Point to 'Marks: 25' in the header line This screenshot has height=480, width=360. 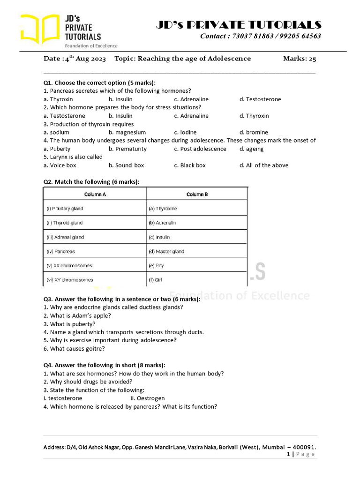point(300,59)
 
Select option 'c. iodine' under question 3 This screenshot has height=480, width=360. point(185,132)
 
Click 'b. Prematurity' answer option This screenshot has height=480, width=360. point(127,149)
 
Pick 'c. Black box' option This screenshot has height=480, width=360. point(190,165)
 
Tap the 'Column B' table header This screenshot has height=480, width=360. point(197,194)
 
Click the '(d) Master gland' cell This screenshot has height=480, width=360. point(166,251)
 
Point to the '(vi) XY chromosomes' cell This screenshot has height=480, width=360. point(70,280)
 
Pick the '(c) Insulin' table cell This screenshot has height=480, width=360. point(159,237)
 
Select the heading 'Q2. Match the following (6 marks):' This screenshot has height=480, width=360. point(91,181)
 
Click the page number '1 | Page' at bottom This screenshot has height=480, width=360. point(300,454)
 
